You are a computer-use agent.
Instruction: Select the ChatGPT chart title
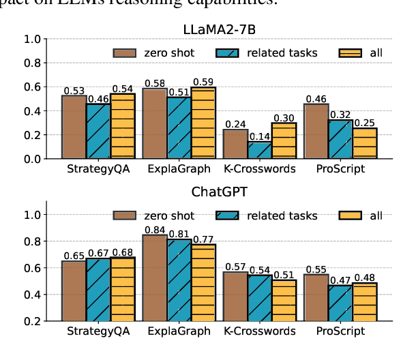[218, 192]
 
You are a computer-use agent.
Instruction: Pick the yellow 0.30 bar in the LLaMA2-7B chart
[284, 141]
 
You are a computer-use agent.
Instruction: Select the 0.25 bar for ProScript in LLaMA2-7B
[365, 144]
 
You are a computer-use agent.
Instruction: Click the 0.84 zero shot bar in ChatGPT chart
[154, 277]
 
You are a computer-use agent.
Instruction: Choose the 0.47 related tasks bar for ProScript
[340, 303]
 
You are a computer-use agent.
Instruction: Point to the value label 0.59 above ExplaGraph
[203, 82]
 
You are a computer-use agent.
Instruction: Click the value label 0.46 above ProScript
[316, 98]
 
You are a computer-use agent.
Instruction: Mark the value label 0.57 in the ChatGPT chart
[235, 267]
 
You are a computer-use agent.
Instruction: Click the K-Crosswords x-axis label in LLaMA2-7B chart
[259, 168]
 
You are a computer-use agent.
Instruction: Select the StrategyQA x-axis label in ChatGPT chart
[98, 331]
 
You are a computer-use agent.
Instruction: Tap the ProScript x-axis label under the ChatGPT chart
[340, 331]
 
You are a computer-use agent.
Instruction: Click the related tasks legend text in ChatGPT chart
[283, 216]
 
